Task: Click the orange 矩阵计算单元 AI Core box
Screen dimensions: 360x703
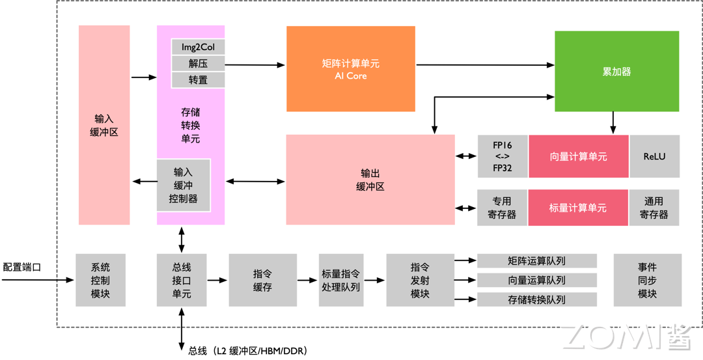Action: (350, 69)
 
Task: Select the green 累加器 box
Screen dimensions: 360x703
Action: (616, 71)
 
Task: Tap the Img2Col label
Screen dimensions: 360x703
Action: (198, 47)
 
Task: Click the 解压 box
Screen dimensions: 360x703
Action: (198, 63)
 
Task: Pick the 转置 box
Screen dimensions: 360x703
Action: (198, 79)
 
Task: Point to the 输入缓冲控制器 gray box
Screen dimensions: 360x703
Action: (183, 186)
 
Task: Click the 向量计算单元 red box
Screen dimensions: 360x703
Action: (578, 156)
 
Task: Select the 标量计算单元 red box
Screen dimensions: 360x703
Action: (578, 208)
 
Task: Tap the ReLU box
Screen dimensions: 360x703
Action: (654, 156)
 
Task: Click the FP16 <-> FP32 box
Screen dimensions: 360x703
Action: (502, 156)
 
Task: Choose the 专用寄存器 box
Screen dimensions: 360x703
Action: (502, 208)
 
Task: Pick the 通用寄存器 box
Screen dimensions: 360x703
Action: (654, 208)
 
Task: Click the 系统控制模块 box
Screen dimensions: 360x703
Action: (100, 280)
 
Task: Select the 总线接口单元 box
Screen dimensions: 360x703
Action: (182, 280)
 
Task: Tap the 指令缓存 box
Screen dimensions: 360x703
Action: (262, 280)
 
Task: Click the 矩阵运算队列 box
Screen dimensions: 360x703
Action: (536, 261)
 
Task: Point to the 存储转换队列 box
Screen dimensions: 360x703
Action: (536, 299)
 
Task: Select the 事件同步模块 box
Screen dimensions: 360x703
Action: (647, 280)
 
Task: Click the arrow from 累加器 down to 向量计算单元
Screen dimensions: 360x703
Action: (613, 122)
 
